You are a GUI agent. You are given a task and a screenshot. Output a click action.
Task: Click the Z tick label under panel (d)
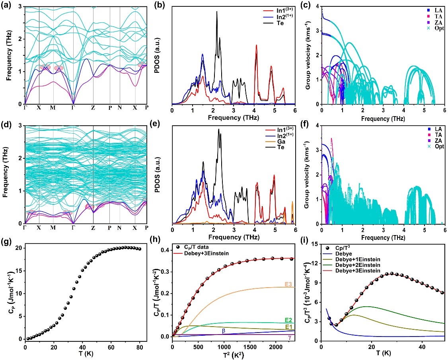(x=93, y=228)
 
